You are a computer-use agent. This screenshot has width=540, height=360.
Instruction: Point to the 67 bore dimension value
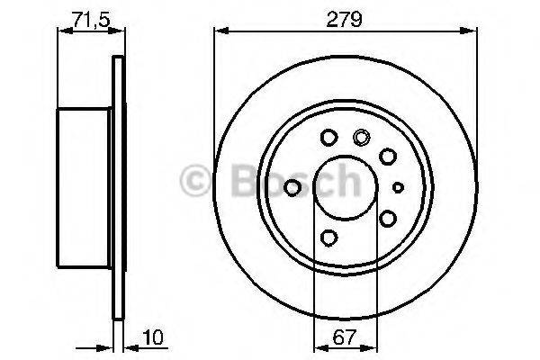340,339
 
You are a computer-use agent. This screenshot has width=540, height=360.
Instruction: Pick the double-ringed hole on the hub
363,138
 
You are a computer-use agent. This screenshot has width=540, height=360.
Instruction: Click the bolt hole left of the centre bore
292,187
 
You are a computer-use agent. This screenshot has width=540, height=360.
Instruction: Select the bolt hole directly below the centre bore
328,238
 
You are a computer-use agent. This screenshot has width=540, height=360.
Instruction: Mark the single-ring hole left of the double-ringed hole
328,138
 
